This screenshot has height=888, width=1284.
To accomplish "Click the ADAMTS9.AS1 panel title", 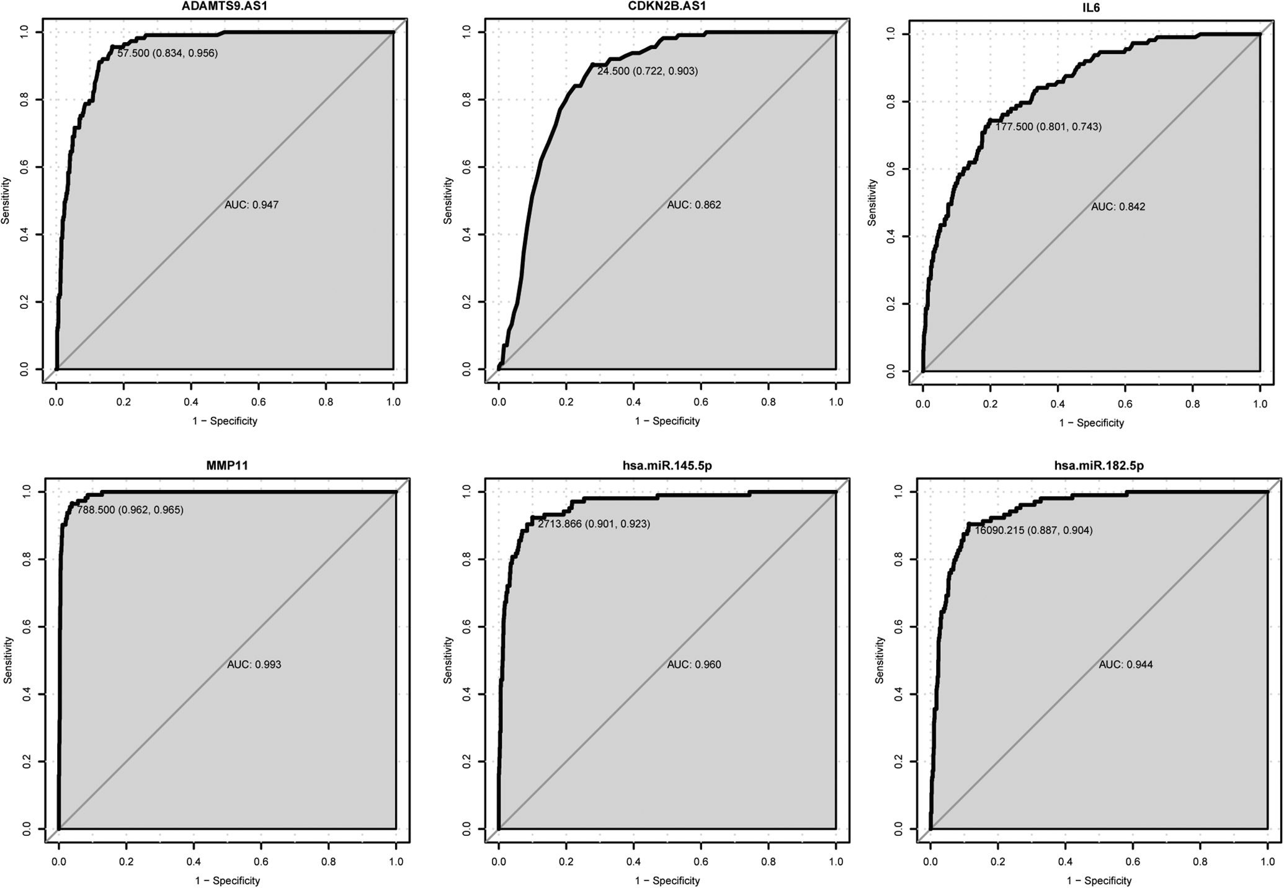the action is tap(225, 6).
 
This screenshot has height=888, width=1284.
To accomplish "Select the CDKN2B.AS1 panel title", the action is tap(667, 6).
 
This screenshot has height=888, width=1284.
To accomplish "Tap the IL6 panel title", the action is tap(1091, 8).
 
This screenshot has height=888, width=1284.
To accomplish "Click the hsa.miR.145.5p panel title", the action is tap(667, 466).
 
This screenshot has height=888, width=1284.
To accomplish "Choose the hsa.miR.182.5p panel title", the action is tap(1099, 466).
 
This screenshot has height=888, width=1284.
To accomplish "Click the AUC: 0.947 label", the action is tap(252, 205).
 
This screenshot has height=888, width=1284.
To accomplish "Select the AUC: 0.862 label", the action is tap(694, 205).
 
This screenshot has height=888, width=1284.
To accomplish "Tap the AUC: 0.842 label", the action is tap(1118, 207).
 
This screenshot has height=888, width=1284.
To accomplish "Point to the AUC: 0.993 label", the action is tap(254, 665).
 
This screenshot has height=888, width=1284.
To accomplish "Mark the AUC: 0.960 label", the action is tap(694, 665).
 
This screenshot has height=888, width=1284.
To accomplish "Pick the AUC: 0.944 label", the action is tap(1126, 665).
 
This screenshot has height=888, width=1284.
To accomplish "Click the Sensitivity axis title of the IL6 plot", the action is tap(872, 203).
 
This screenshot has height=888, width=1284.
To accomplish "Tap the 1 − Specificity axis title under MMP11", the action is tap(227, 881).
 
